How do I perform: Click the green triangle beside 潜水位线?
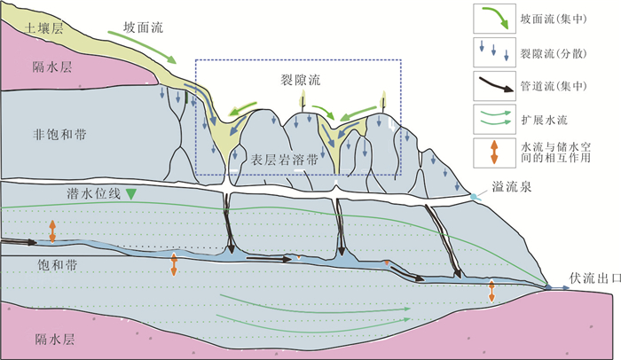(x=131, y=193)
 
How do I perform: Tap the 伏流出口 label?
(x=588, y=277)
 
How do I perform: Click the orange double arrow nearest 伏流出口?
(x=491, y=291)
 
